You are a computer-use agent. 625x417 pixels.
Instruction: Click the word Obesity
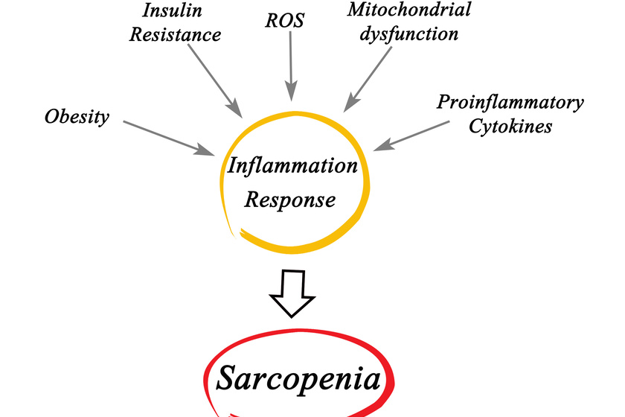click(77, 117)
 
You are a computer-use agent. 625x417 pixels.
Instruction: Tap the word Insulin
click(174, 10)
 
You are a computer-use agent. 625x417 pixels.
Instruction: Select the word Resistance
click(175, 35)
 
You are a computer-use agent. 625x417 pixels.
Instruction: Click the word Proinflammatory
click(510, 101)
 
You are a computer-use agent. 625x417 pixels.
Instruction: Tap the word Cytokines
click(510, 126)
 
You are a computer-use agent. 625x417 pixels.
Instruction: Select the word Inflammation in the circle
click(292, 165)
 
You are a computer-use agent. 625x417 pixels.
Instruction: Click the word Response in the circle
click(291, 200)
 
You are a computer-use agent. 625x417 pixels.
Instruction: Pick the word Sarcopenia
click(299, 379)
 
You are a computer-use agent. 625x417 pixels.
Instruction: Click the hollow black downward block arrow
click(293, 293)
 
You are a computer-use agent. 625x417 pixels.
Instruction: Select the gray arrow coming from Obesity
click(168, 137)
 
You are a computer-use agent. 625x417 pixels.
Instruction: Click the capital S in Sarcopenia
click(228, 379)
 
